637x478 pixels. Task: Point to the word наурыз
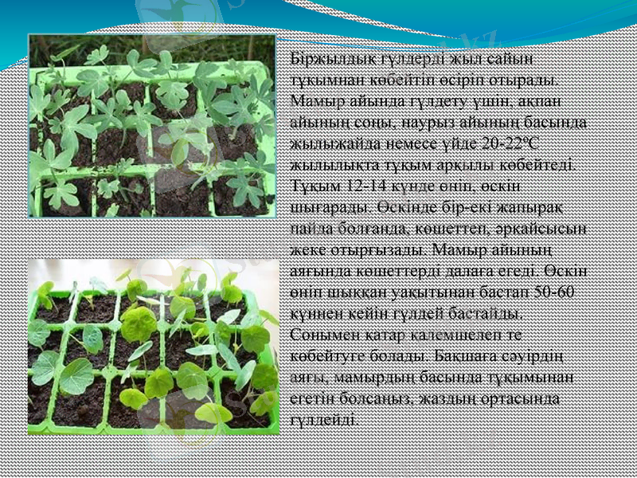(x=430, y=123)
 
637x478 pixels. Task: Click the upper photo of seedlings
(x=152, y=126)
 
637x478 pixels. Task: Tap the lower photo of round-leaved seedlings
(x=152, y=346)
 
